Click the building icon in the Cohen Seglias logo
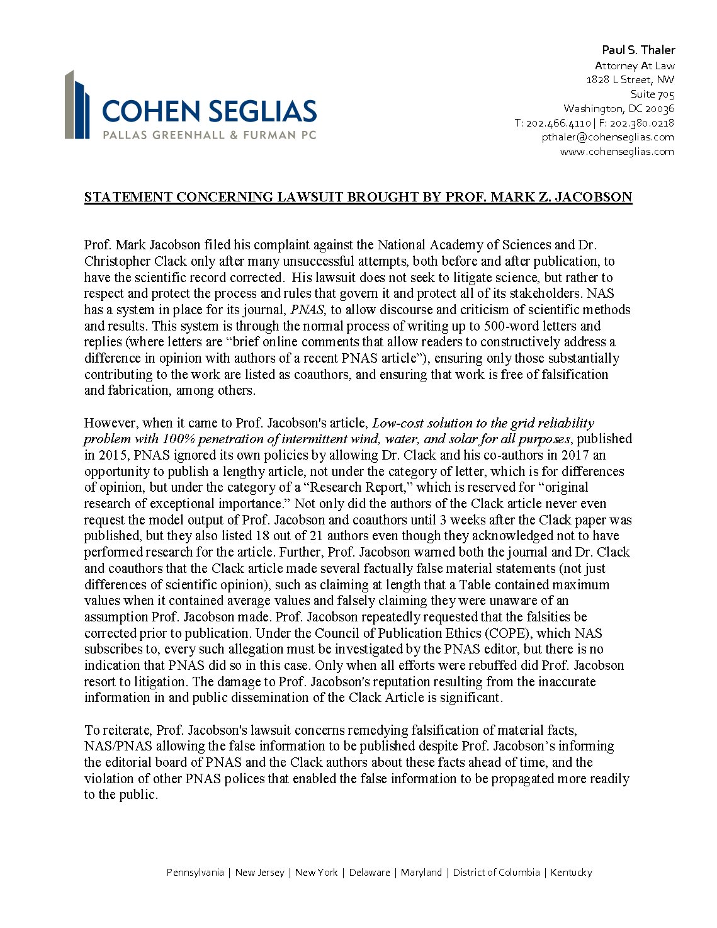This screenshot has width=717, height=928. (x=77, y=105)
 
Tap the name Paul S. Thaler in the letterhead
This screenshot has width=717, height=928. (x=638, y=50)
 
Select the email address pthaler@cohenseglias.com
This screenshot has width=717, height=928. (x=607, y=137)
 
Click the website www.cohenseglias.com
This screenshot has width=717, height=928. (x=617, y=152)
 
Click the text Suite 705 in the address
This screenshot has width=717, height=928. (x=652, y=94)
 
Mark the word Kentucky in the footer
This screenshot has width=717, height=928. (x=572, y=873)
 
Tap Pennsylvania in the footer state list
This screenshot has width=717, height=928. (x=195, y=873)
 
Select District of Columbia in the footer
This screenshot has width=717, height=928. (x=496, y=873)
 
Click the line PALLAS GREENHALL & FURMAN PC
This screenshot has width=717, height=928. (x=210, y=135)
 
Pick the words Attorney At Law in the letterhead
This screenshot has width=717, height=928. (x=635, y=66)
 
